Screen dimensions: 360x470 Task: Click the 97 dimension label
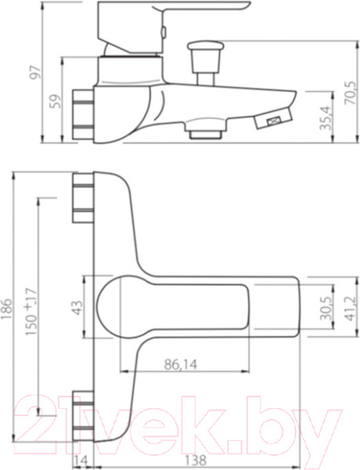pos(35,72)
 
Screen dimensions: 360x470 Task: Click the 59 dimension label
pos(55,101)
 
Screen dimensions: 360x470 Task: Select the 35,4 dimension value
pos(326,117)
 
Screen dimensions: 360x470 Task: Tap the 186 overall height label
pos(8,309)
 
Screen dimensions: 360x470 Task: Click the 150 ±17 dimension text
pos(31,312)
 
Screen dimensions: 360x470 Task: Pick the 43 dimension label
pos(78,308)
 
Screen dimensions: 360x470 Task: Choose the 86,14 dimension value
pos(181,364)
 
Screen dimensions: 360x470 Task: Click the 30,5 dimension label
pos(326,308)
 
